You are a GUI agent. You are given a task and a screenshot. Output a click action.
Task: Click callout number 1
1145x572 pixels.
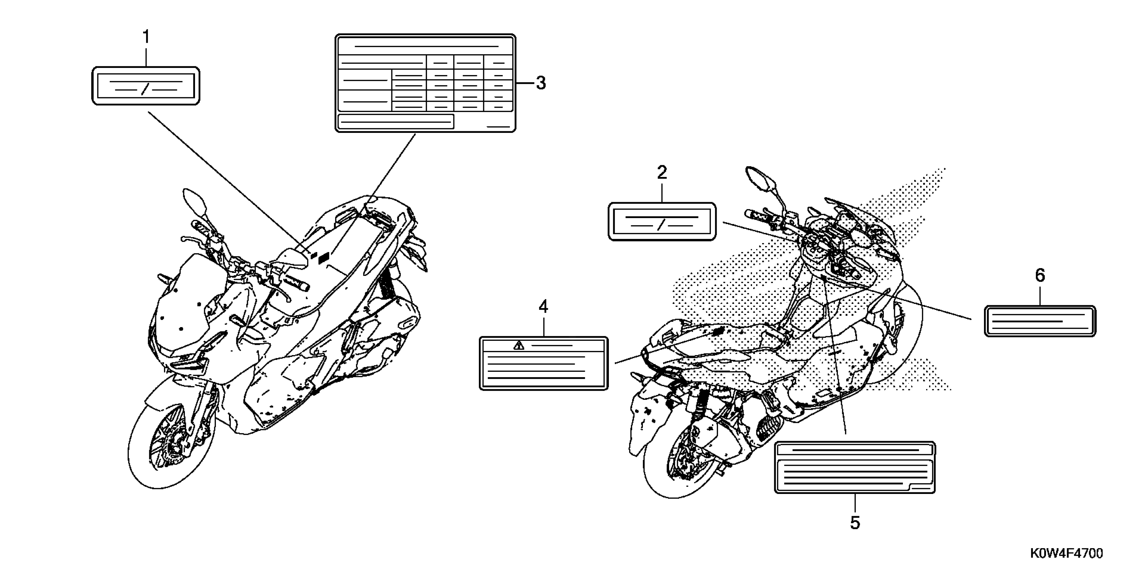click(x=146, y=37)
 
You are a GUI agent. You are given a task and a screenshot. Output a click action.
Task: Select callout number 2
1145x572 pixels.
click(x=662, y=172)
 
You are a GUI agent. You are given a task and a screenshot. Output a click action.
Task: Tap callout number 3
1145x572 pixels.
click(x=541, y=83)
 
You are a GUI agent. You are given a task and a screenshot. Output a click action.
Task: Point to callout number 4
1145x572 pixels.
click(x=543, y=307)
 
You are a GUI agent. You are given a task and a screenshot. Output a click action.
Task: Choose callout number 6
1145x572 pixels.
click(x=1040, y=276)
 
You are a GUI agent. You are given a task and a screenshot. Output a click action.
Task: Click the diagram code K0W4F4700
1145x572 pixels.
click(x=1066, y=553)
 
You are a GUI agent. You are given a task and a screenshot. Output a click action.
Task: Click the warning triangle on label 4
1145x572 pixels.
click(x=519, y=346)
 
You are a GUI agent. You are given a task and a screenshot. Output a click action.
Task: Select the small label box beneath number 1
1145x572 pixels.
click(x=146, y=86)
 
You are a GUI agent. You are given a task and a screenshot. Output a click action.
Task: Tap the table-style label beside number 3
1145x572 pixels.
click(x=425, y=83)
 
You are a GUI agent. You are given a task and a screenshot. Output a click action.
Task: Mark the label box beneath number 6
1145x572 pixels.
click(x=1040, y=321)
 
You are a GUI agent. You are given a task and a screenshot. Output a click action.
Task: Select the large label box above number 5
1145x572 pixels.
click(x=855, y=467)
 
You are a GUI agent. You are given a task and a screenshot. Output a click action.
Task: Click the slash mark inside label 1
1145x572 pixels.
click(x=143, y=89)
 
